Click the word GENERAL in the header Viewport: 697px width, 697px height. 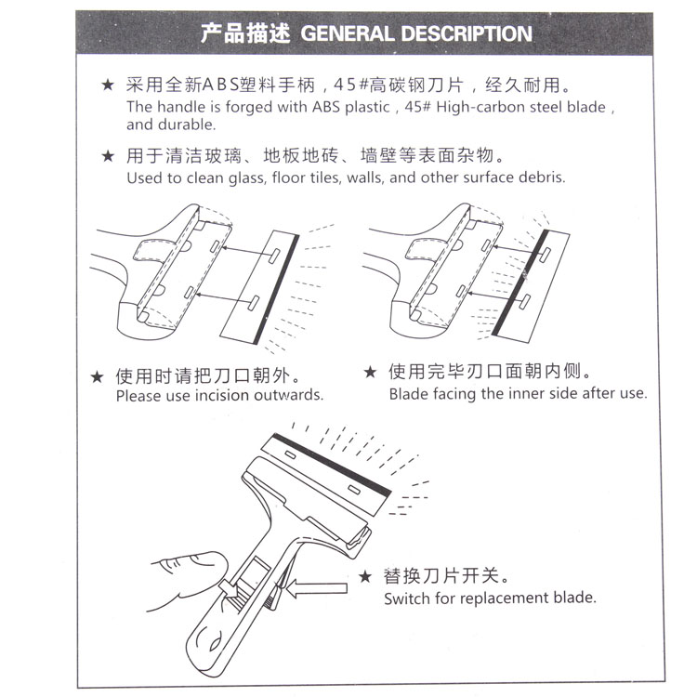click(348, 33)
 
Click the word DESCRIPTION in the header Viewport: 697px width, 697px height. click(467, 33)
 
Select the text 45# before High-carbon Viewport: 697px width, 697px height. click(417, 107)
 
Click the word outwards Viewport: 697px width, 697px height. click(288, 395)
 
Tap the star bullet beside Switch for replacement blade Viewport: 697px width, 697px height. click(365, 576)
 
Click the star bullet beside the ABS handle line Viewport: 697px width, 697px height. click(108, 85)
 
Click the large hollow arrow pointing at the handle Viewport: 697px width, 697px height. click(317, 588)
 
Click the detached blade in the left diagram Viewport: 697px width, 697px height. click(260, 287)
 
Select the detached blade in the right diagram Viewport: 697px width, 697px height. click(531, 286)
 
